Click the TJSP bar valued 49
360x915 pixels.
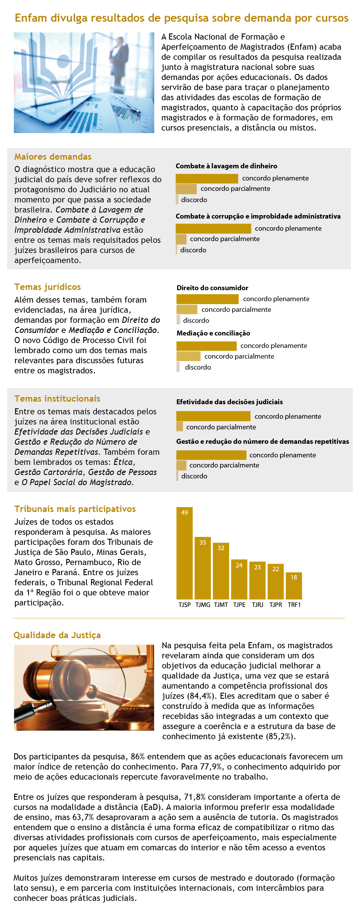(x=184, y=553)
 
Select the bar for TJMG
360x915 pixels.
(x=203, y=568)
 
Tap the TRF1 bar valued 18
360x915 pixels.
(x=294, y=585)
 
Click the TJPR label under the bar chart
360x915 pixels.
(x=275, y=605)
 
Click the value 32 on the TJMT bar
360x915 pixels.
(x=221, y=548)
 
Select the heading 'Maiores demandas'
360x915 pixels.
(x=53, y=157)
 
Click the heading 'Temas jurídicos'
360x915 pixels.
(x=48, y=287)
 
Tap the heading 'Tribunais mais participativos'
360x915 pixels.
(x=75, y=509)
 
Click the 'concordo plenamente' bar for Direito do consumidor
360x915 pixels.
(x=207, y=299)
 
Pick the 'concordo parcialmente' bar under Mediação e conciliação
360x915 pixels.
(x=188, y=356)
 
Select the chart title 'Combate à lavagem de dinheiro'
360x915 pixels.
(x=226, y=166)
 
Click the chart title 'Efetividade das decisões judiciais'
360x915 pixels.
(x=229, y=402)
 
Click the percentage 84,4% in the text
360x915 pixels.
(x=189, y=696)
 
